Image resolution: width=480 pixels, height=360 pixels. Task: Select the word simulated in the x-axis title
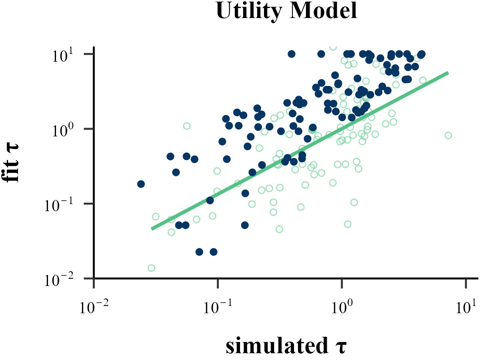coord(276,346)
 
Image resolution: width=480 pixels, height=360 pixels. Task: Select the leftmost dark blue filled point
coord(141,184)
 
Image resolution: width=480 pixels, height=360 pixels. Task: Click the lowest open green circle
coord(151,268)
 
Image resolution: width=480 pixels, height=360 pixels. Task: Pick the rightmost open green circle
coord(448,135)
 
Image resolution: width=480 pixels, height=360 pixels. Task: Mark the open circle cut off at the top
coord(333,48)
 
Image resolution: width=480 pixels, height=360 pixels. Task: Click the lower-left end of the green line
coord(152,228)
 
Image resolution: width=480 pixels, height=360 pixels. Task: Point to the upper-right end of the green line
coord(448,73)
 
